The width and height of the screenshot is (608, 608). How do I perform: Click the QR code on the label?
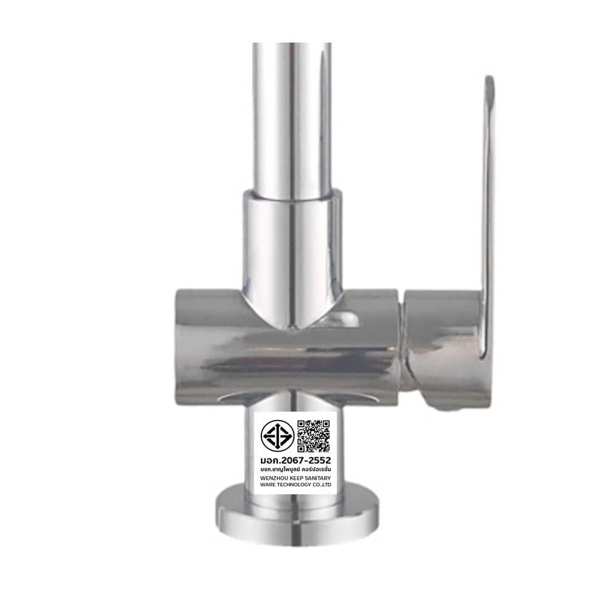click(x=313, y=436)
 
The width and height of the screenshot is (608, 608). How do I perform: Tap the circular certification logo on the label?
click(x=277, y=436)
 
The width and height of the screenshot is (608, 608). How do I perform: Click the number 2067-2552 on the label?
click(x=306, y=460)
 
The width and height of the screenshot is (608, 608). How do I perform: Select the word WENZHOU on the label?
click(x=272, y=478)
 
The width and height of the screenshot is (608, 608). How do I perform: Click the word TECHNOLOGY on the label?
click(x=293, y=485)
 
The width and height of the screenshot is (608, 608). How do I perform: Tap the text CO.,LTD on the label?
click(x=322, y=485)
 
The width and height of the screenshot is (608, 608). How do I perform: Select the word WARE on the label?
click(x=268, y=485)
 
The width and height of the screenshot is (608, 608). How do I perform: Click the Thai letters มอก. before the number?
click(x=271, y=460)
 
